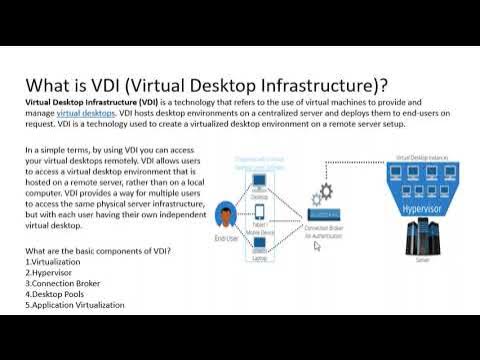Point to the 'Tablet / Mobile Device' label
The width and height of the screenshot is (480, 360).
coord(260,225)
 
